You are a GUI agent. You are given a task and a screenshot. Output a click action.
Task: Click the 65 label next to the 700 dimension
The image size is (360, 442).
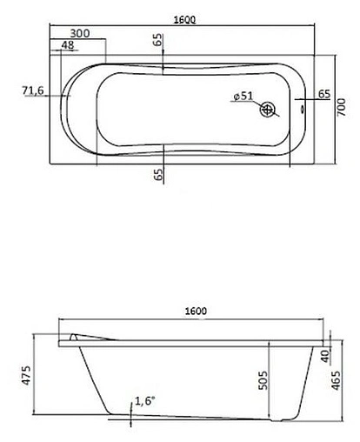tap(323, 94)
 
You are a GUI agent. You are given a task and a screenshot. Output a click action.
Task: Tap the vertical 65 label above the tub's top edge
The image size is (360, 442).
tap(158, 42)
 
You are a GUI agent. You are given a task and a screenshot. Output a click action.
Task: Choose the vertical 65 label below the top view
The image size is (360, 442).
tap(158, 173)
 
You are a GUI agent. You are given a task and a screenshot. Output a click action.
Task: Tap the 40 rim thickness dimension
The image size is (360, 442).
tap(324, 356)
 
